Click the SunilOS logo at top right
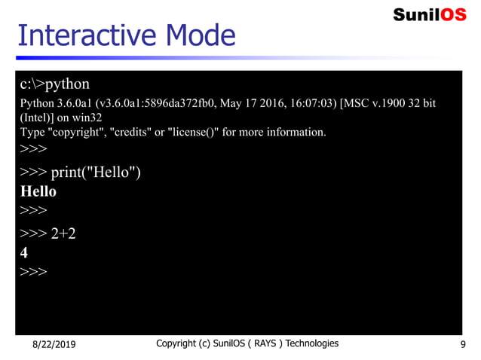click(x=430, y=14)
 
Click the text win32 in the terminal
click(x=87, y=117)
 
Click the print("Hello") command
click(x=96, y=172)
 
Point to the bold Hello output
click(x=38, y=191)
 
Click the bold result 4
click(x=24, y=253)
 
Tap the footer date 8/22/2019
click(x=54, y=345)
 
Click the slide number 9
click(x=462, y=345)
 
